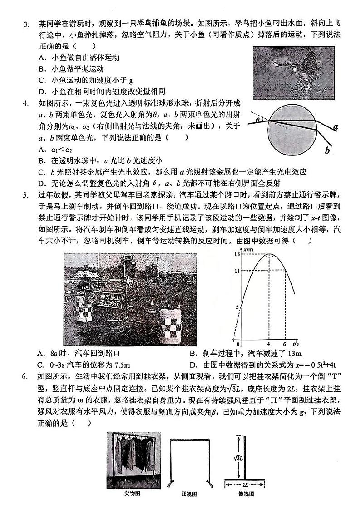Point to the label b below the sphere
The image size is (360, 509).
[327, 151]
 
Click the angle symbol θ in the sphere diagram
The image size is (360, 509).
[258, 120]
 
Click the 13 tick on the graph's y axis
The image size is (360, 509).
[236, 254]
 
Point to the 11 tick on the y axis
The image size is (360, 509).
[236, 271]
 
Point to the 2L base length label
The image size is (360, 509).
[245, 484]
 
